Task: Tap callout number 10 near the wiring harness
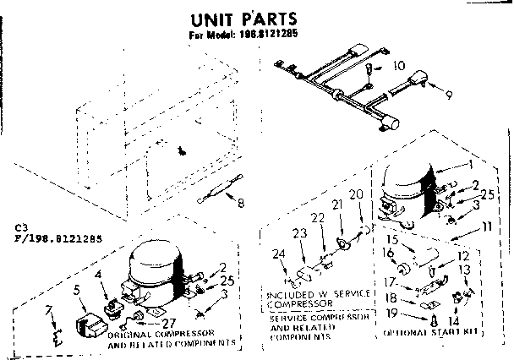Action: click(x=399, y=65)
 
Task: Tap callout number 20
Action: click(x=356, y=195)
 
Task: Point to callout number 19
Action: click(x=391, y=314)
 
